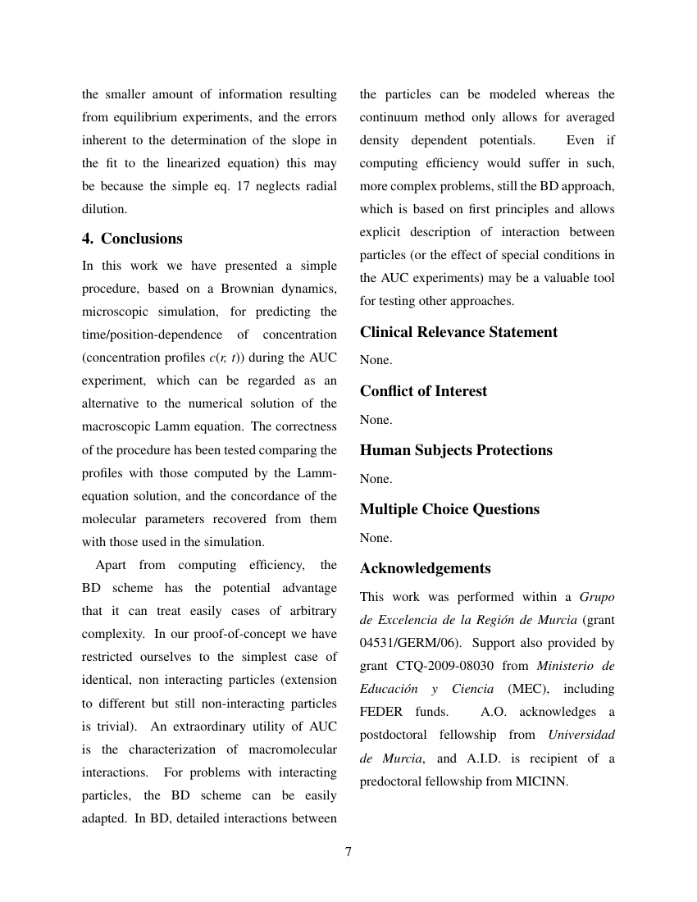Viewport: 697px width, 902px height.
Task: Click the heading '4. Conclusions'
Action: click(132, 239)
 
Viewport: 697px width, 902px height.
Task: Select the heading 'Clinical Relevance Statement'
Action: click(458, 332)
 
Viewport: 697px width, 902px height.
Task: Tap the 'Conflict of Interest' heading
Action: click(423, 391)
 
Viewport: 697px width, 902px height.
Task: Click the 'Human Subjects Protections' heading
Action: click(456, 450)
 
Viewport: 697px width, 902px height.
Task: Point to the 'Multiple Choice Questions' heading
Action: click(449, 509)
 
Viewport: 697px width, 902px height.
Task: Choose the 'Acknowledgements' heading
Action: click(425, 568)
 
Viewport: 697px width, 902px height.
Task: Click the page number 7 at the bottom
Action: click(348, 852)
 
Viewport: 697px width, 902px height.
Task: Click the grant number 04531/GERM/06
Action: click(404, 643)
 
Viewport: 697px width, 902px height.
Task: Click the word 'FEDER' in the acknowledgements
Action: click(381, 712)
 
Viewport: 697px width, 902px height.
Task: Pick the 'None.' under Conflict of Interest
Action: click(376, 420)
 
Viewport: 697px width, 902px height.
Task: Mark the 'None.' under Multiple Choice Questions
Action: click(376, 538)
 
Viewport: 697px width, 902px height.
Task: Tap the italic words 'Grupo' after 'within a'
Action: click(597, 597)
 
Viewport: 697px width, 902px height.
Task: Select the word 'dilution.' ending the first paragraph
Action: click(104, 209)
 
